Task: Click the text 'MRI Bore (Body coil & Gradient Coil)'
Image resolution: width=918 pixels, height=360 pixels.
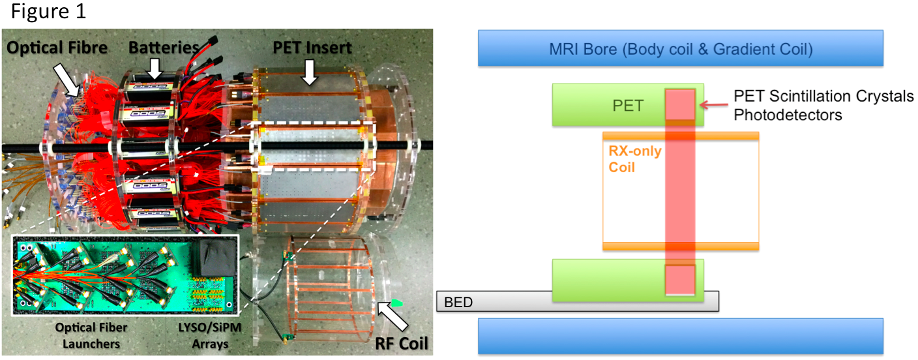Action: coord(680,48)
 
